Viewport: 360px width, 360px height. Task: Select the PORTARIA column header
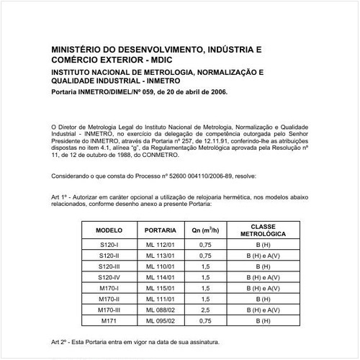tap(161, 230)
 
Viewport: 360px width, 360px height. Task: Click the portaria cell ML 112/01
tap(161, 245)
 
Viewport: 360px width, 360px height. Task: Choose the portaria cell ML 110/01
tap(161, 266)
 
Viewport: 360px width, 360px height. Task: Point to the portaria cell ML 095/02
tap(161, 320)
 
